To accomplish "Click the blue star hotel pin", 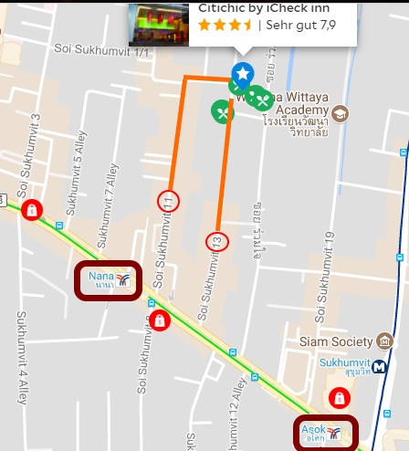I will click(x=243, y=74).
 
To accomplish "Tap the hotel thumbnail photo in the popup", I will click(x=159, y=24).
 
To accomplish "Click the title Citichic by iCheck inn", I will click(x=265, y=7).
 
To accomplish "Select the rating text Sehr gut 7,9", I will click(x=301, y=26).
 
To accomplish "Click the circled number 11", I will click(x=168, y=200).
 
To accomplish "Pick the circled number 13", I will click(x=216, y=241).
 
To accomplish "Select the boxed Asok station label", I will click(x=325, y=433).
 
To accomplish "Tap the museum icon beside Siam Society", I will click(x=384, y=341).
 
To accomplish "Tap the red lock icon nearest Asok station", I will click(x=339, y=398).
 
